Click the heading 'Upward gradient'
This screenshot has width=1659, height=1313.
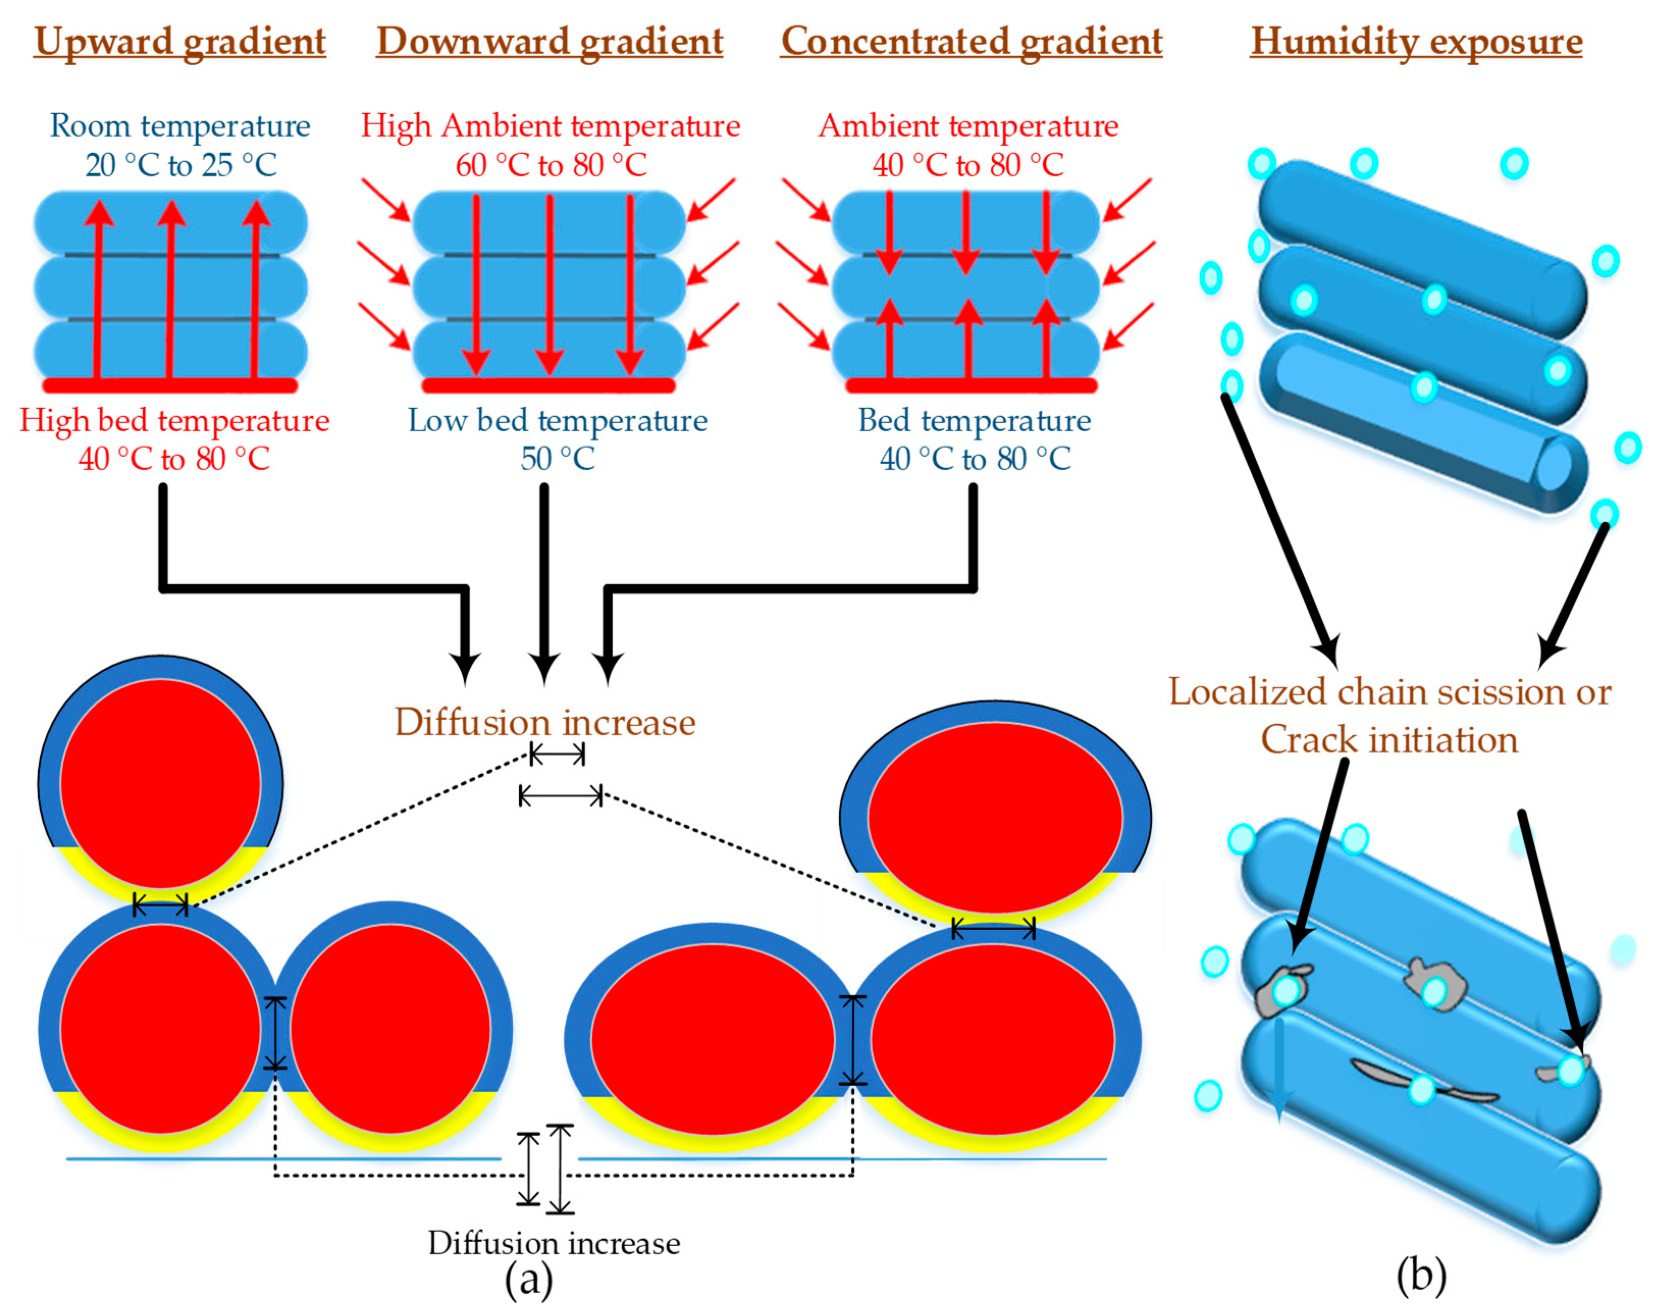(180, 41)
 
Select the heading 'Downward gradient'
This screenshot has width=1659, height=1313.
(549, 41)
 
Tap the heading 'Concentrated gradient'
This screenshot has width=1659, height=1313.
(971, 41)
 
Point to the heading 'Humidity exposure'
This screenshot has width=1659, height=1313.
(1416, 41)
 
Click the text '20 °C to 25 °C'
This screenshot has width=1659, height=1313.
(180, 165)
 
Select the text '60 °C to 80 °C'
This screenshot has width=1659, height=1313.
(551, 165)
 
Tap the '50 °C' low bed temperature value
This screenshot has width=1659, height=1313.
(558, 459)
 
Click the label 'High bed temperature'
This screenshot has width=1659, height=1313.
(174, 421)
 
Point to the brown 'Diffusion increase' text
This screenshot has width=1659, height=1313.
(544, 723)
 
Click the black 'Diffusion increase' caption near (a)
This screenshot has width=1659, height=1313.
(554, 1243)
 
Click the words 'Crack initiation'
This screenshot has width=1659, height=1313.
(1389, 740)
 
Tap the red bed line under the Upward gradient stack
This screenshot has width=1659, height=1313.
(169, 384)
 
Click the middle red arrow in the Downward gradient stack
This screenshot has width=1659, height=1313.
(549, 284)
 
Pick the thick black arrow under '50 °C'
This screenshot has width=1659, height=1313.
(544, 584)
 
